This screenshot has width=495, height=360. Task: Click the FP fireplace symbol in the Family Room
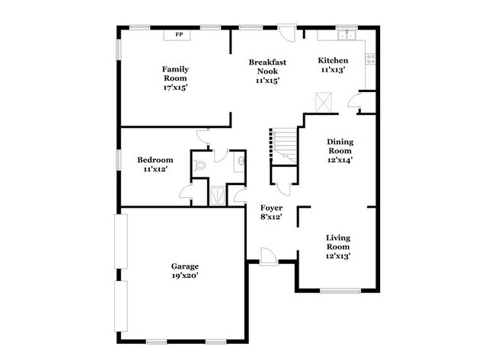pyautogui.click(x=180, y=35)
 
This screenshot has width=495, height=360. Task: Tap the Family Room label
pyautogui.click(x=175, y=74)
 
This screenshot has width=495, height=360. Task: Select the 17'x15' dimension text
pyautogui.click(x=175, y=88)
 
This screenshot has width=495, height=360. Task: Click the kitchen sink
pyautogui.click(x=346, y=34)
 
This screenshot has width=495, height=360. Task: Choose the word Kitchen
pyautogui.click(x=333, y=60)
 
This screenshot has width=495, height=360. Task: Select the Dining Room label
pyautogui.click(x=340, y=145)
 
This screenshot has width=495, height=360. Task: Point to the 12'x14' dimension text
pyautogui.click(x=340, y=160)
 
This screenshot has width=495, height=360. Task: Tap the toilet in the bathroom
pyautogui.click(x=200, y=164)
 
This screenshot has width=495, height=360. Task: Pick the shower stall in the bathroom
pyautogui.click(x=218, y=195)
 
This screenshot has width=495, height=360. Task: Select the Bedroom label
pyautogui.click(x=155, y=160)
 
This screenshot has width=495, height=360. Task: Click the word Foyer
pyautogui.click(x=272, y=208)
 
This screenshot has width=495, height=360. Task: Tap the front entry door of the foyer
pyautogui.click(x=267, y=256)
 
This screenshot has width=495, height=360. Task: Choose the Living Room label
pyautogui.click(x=338, y=242)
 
